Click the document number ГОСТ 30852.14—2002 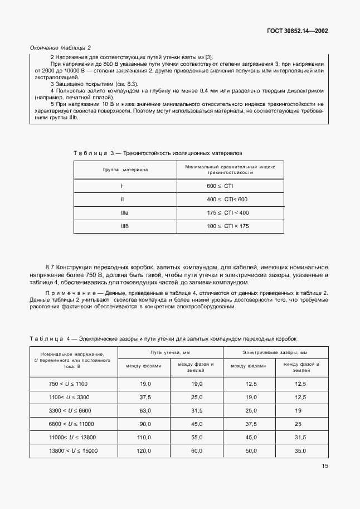click(x=297, y=31)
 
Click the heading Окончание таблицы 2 click(x=60, y=48)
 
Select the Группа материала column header click(x=125, y=169)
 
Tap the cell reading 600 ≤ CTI click(x=220, y=185)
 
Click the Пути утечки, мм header click(x=170, y=352)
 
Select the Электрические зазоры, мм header click(x=275, y=352)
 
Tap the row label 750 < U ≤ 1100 click(x=69, y=384)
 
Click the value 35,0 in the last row click(x=301, y=449)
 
